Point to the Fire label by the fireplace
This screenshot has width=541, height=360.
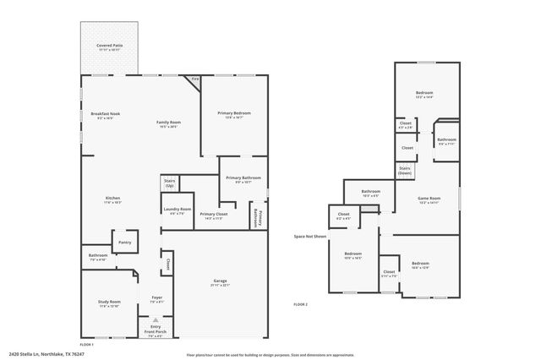194,79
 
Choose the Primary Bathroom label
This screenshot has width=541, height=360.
243,179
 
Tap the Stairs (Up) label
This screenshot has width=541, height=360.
169,183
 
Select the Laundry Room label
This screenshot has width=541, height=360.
176,210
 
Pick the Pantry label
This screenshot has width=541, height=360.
124,242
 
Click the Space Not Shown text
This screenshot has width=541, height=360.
310,237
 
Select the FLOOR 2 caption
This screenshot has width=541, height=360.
301,304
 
